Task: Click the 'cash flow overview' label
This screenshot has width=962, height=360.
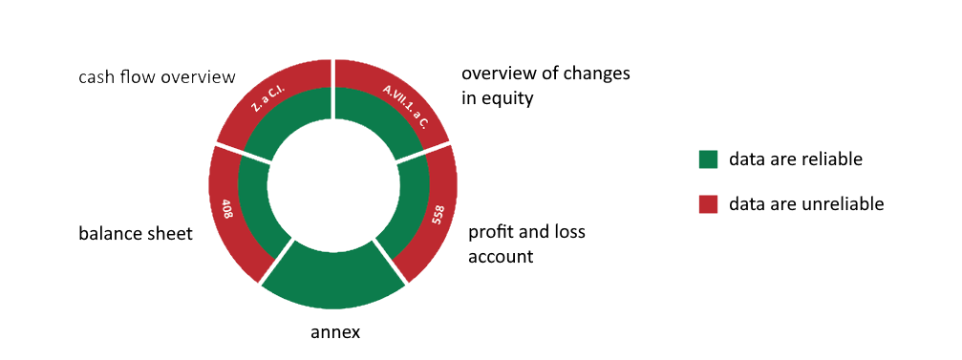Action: (157, 76)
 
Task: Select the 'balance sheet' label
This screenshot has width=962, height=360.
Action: (136, 233)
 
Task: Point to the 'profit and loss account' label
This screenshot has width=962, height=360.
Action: (526, 244)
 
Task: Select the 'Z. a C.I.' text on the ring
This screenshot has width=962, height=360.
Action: (270, 98)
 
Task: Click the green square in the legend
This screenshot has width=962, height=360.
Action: (708, 159)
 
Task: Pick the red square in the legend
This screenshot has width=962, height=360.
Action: (708, 203)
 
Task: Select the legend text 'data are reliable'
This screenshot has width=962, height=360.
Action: (795, 159)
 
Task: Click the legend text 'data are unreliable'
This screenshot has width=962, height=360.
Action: (806, 203)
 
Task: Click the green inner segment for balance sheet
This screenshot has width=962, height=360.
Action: (254, 211)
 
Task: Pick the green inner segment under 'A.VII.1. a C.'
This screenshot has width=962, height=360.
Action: (377, 122)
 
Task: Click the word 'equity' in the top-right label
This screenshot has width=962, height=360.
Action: (507, 97)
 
